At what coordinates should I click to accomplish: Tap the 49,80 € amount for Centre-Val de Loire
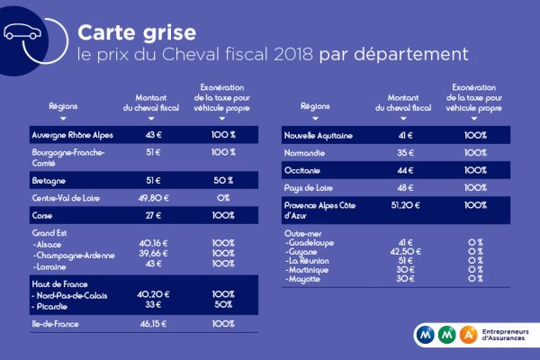click(x=150, y=197)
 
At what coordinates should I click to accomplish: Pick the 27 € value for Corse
click(x=150, y=216)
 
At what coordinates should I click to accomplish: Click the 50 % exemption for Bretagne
click(x=223, y=179)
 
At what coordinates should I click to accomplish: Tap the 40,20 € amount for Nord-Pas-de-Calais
click(x=150, y=293)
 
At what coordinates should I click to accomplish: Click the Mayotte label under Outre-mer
click(x=305, y=279)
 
